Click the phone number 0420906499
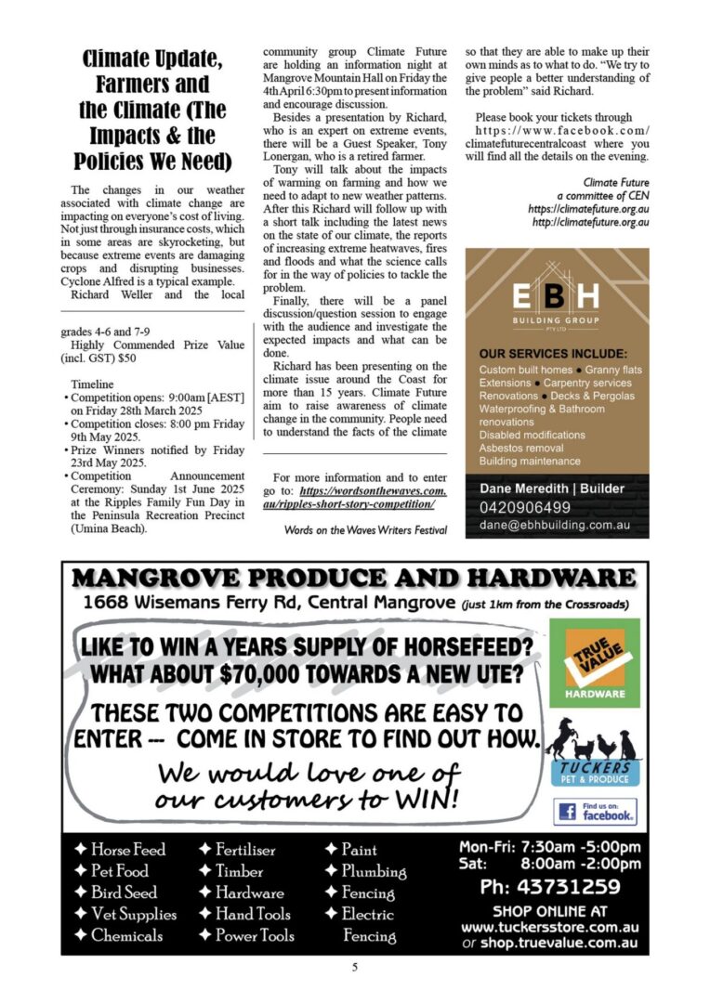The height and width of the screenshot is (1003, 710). [525, 507]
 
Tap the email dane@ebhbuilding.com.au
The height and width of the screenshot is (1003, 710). [555, 525]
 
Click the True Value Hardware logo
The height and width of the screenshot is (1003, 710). [594, 663]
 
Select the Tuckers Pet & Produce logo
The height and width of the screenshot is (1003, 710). [594, 755]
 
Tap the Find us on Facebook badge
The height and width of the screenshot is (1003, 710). [595, 812]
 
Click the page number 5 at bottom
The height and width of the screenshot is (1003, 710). [354, 967]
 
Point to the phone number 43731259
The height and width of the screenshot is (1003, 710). [550, 886]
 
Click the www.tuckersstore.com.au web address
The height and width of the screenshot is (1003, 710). [549, 927]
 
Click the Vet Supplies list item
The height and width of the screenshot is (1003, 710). [134, 914]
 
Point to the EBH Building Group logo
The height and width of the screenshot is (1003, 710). [557, 303]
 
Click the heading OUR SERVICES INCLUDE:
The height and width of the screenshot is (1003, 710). [553, 354]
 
